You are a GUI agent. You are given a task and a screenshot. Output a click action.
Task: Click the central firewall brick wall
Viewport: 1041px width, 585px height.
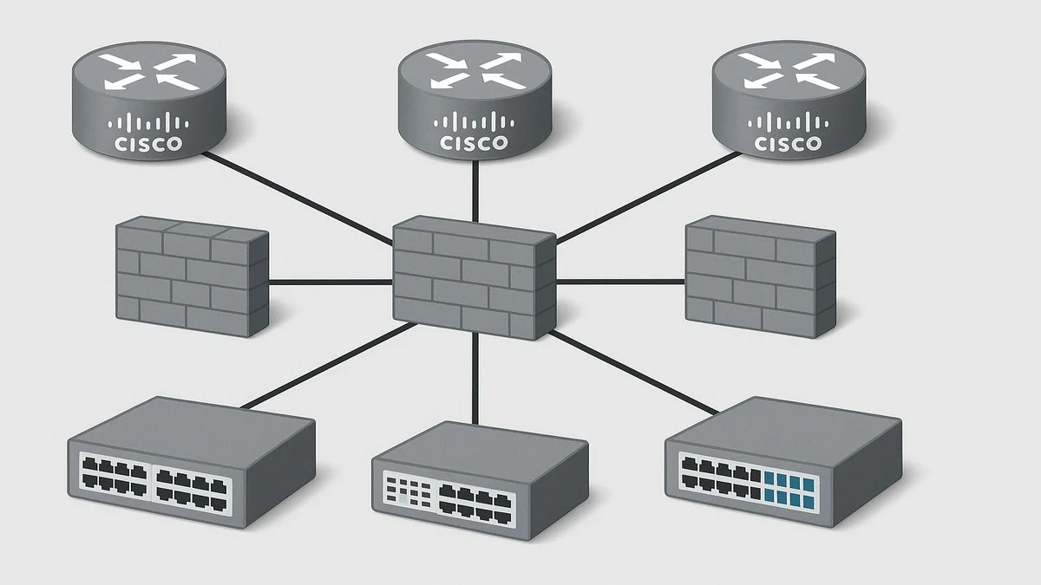coord(474,277)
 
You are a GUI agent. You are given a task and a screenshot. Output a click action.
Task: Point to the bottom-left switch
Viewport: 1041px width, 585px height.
coord(191,459)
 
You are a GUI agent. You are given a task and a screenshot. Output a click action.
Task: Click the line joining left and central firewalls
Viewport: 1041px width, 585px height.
coord(330,282)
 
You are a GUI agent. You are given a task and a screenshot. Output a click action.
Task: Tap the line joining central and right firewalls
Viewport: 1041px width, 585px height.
coord(620,281)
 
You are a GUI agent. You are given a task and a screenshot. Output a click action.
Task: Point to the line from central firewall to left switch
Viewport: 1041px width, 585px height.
coord(330,364)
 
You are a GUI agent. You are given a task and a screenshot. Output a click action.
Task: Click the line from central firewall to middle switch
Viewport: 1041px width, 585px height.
coord(475,377)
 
